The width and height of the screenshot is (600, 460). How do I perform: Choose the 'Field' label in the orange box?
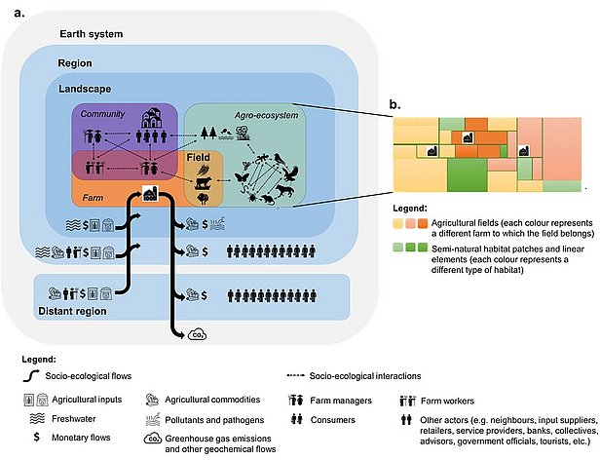pos(198,156)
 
